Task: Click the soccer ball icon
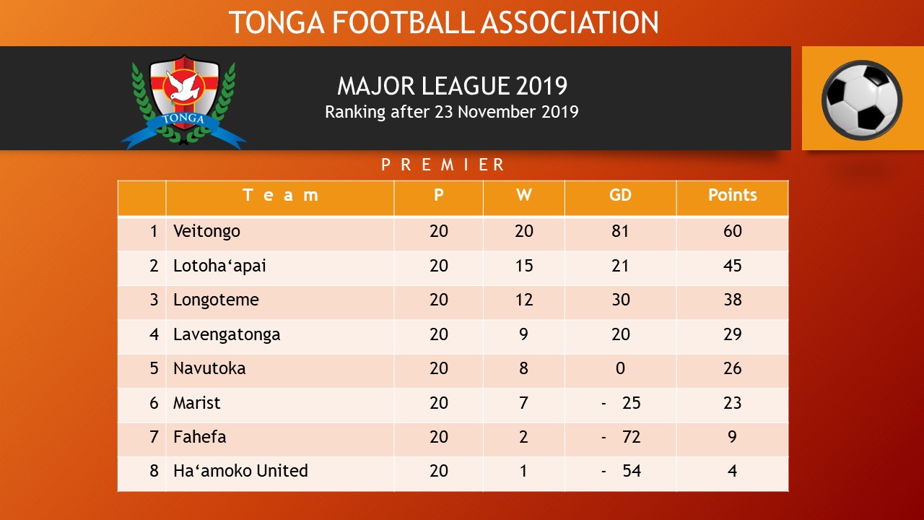862,99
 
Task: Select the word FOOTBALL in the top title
404,22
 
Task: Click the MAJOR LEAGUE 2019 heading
452,87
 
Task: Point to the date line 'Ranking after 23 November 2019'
452,112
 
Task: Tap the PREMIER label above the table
443,165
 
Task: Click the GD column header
620,196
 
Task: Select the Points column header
732,196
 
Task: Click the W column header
523,196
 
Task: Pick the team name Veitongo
206,232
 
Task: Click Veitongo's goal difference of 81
620,232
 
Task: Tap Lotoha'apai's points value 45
732,266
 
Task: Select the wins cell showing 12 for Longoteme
523,300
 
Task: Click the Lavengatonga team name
227,334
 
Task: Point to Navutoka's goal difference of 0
620,368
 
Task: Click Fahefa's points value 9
732,437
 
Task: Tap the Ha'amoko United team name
240,471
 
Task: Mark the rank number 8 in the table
154,471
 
